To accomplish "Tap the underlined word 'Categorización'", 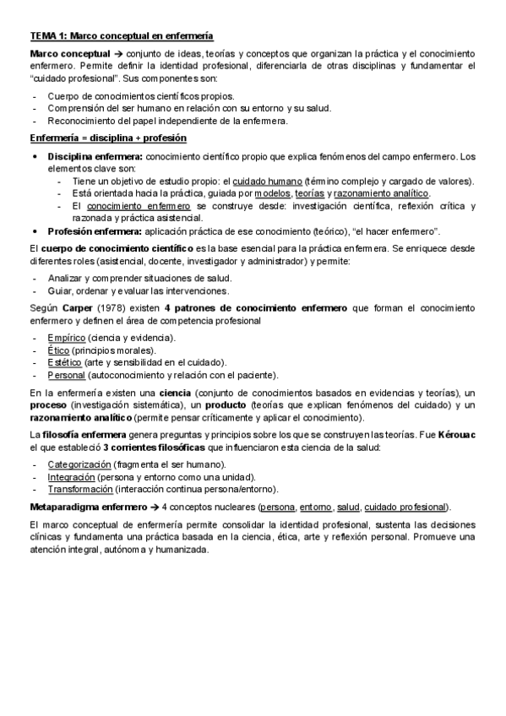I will click(79, 465).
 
